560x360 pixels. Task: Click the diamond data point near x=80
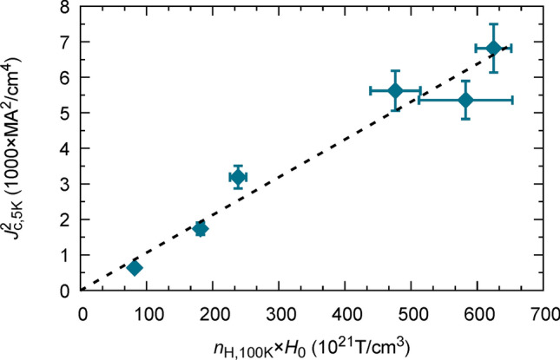tap(135, 268)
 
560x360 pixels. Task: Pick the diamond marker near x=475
tap(395, 90)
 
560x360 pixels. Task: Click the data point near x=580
tap(465, 100)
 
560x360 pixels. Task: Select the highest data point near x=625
tap(493, 48)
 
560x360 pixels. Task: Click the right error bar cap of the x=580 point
tap(512, 100)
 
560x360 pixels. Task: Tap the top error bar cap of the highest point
tap(493, 24)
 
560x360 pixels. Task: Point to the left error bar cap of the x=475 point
tap(370, 90)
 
